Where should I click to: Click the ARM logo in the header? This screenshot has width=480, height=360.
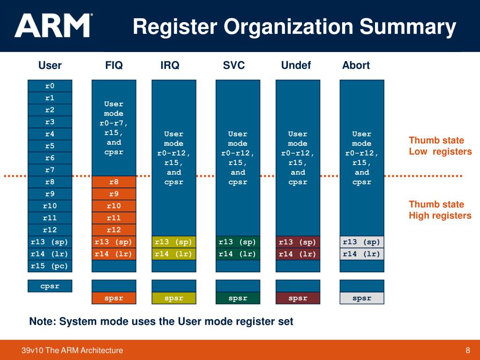[x=53, y=26]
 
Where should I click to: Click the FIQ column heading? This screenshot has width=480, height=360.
[x=114, y=65]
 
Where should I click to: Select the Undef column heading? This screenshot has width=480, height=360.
[x=296, y=65]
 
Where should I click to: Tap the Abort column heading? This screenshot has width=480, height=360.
[x=356, y=65]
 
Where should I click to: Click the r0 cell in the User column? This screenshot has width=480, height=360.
[x=50, y=86]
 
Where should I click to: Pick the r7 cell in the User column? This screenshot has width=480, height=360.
[x=50, y=169]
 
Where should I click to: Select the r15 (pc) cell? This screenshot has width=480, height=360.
[x=50, y=266]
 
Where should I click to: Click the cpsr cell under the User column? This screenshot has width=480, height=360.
[x=50, y=286]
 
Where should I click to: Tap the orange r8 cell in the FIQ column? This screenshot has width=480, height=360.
[x=114, y=182]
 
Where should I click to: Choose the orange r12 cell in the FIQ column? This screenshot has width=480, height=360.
[x=114, y=230]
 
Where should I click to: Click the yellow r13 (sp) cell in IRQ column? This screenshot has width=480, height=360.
[x=174, y=242]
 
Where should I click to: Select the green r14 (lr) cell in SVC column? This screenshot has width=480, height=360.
[x=238, y=254]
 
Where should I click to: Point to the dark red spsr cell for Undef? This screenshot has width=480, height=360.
[x=298, y=298]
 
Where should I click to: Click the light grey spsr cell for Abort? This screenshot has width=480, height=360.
[x=361, y=298]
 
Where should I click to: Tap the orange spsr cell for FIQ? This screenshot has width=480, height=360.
[x=114, y=298]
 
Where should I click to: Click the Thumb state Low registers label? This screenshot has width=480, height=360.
[x=440, y=146]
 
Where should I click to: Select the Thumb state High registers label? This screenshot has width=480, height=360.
[x=440, y=210]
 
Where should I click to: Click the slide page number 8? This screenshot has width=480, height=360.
[x=467, y=350]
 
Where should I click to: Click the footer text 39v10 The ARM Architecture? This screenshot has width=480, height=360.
[x=72, y=350]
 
